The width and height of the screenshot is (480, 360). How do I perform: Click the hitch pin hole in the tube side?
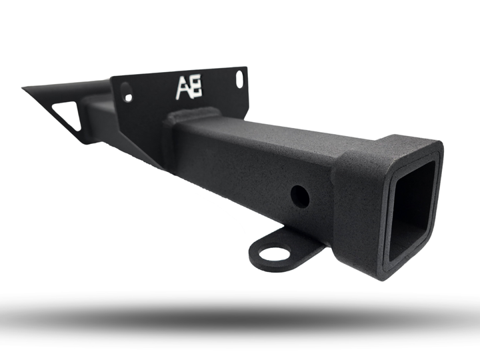click(300, 195)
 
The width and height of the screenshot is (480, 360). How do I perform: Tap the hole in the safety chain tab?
click(274, 253)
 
